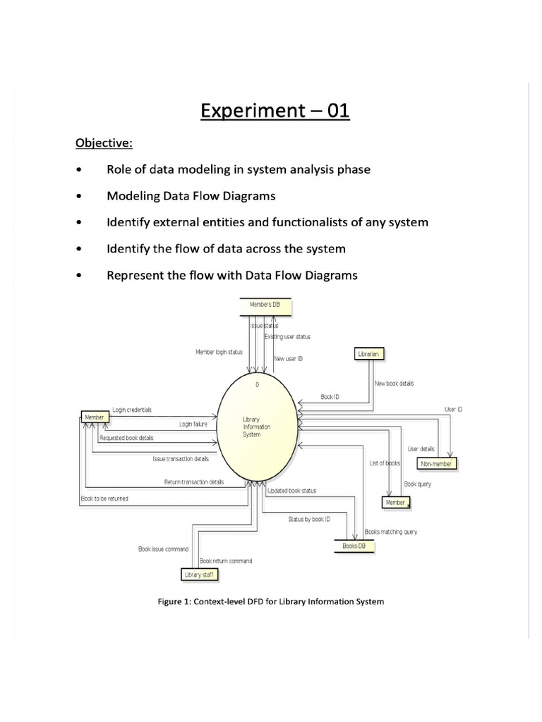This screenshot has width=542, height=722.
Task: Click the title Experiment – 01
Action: coord(275,111)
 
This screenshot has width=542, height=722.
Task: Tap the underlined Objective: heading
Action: coord(104,143)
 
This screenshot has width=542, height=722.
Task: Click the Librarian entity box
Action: coord(368,354)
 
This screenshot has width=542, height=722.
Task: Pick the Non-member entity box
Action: coord(438,463)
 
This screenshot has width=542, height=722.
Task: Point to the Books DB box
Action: coord(354,546)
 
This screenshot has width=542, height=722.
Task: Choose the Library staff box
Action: coord(198,575)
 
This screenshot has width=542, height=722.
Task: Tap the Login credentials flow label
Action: coord(132,410)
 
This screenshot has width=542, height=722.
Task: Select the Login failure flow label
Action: coord(193,424)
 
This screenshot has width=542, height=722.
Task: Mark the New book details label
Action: coord(395,384)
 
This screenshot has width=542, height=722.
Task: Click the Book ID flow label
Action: coord(330,397)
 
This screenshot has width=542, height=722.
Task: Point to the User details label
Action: coord(421,448)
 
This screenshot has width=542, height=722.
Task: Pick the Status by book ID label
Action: coord(308,519)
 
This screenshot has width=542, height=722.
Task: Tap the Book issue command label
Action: coord(163,549)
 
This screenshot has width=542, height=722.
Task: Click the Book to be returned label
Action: coord(104,498)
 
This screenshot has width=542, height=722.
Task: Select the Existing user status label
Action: coord(287,337)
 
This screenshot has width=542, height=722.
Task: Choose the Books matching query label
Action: coord(390,532)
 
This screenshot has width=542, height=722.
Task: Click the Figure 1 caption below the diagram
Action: coord(270,601)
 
